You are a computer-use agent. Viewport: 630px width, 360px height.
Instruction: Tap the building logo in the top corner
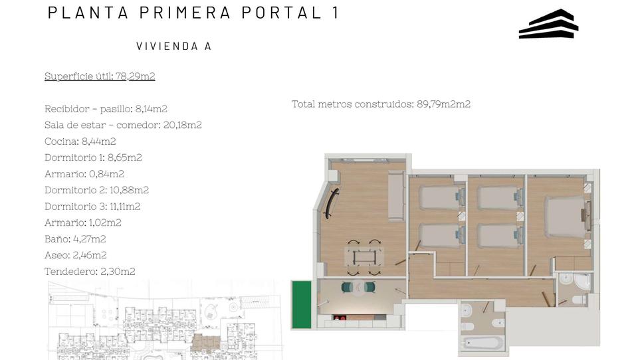click(548, 24)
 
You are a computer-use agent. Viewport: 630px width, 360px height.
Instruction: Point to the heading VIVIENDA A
click(173, 46)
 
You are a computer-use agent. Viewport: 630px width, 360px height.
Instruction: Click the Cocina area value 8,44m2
click(98, 141)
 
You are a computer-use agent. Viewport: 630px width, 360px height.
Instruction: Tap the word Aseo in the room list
click(56, 255)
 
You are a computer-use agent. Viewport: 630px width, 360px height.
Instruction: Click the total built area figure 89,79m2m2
click(443, 104)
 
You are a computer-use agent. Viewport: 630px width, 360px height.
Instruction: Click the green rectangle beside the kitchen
click(302, 304)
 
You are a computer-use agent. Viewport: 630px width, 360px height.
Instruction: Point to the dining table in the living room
click(364, 256)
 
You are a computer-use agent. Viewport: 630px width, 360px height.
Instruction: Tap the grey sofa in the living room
click(396, 196)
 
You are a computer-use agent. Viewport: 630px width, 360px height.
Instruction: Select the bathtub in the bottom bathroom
click(481, 343)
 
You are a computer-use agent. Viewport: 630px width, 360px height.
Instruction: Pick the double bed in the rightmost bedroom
click(565, 217)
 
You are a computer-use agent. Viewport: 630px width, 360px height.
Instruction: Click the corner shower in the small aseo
click(581, 283)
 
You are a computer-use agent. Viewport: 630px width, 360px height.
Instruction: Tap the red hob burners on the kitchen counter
click(340, 318)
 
